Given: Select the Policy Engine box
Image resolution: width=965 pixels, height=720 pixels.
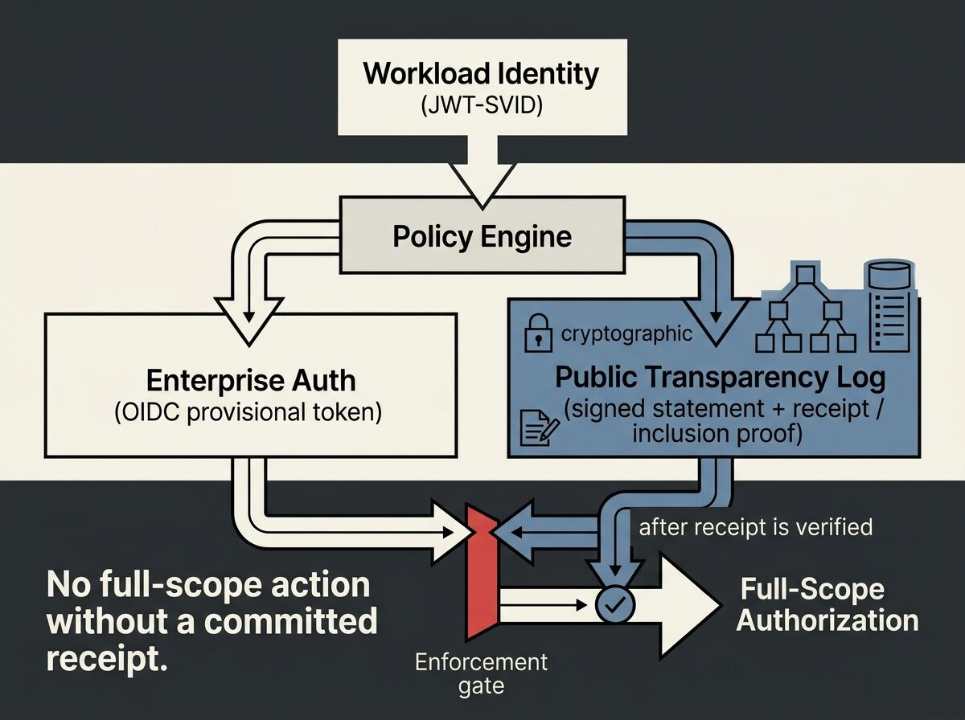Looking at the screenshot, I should (482, 236).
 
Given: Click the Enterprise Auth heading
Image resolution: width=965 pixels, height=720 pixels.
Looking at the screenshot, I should (251, 380).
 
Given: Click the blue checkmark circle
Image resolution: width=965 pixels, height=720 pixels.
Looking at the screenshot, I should (614, 603).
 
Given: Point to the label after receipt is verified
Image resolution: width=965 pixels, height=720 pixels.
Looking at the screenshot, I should (755, 527).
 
